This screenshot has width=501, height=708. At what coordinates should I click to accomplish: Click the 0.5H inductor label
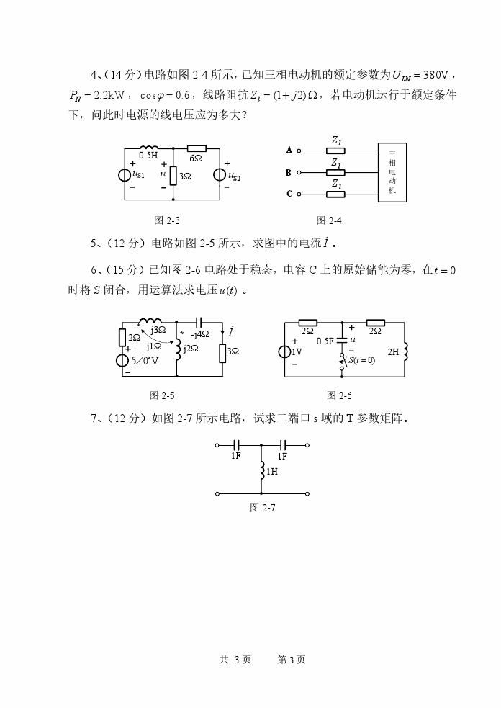(x=148, y=155)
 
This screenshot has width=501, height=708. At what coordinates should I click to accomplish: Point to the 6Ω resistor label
(x=195, y=157)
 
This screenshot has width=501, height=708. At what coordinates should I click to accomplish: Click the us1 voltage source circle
(x=127, y=175)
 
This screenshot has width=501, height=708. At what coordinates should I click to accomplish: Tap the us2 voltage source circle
(x=220, y=175)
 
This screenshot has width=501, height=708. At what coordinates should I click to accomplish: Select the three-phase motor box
(x=392, y=171)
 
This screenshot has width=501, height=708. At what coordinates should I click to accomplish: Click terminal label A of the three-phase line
(x=289, y=151)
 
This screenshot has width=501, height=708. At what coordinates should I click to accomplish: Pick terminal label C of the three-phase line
(x=289, y=193)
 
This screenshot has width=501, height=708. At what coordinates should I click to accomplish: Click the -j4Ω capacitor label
(x=200, y=334)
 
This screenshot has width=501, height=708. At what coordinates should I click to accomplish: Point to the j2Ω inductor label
(x=190, y=349)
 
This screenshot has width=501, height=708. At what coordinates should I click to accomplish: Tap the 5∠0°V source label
(x=146, y=360)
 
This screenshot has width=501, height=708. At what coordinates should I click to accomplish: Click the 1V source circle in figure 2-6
(x=286, y=351)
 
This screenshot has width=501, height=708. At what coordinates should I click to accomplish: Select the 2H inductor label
(x=393, y=351)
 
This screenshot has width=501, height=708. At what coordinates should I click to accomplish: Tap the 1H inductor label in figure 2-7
(x=272, y=472)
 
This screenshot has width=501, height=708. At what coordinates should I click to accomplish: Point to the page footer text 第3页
(x=292, y=659)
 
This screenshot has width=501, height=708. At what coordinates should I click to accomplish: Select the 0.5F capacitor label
(x=325, y=341)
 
